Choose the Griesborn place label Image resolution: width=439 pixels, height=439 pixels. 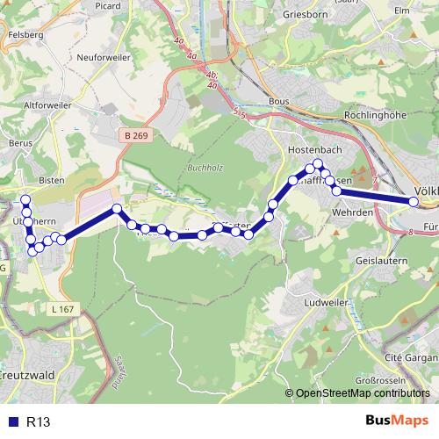coord(305,14)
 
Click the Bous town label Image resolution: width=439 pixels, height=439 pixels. coord(278,102)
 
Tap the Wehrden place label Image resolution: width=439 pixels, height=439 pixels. coord(355,212)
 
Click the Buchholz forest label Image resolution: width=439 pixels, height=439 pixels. coord(205,168)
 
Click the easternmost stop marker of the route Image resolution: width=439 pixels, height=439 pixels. coord(414,202)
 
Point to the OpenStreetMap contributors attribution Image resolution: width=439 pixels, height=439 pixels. coord(362,394)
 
